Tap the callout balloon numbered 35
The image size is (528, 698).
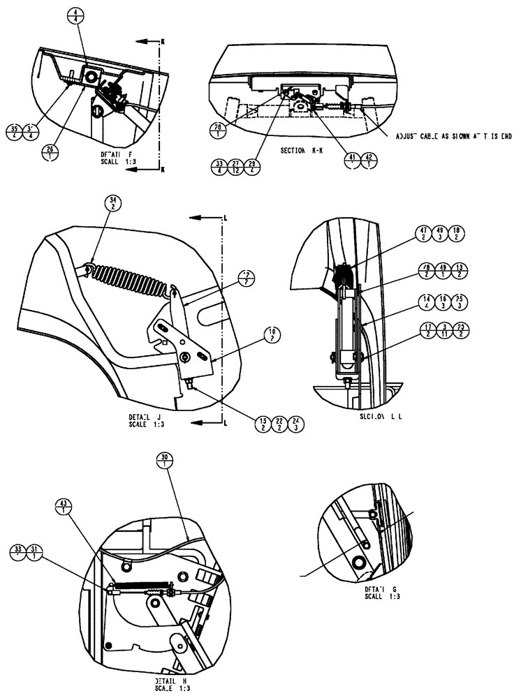(x=34, y=131)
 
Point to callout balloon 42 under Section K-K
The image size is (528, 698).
(x=370, y=161)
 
